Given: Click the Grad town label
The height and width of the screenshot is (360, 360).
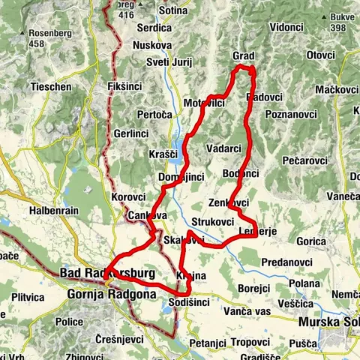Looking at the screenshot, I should (x=244, y=56).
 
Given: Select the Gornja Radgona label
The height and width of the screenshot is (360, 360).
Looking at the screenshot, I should (x=111, y=294).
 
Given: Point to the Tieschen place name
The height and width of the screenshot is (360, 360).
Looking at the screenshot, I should (x=51, y=87).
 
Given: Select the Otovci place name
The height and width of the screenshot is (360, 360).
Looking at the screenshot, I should (x=320, y=55).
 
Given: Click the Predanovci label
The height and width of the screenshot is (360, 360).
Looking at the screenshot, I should (x=287, y=262).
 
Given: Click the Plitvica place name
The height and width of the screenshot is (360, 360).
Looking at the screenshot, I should (x=28, y=296).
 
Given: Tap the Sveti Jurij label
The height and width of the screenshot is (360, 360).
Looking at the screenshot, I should (x=169, y=61).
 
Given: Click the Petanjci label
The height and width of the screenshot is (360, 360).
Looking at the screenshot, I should (x=207, y=343).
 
